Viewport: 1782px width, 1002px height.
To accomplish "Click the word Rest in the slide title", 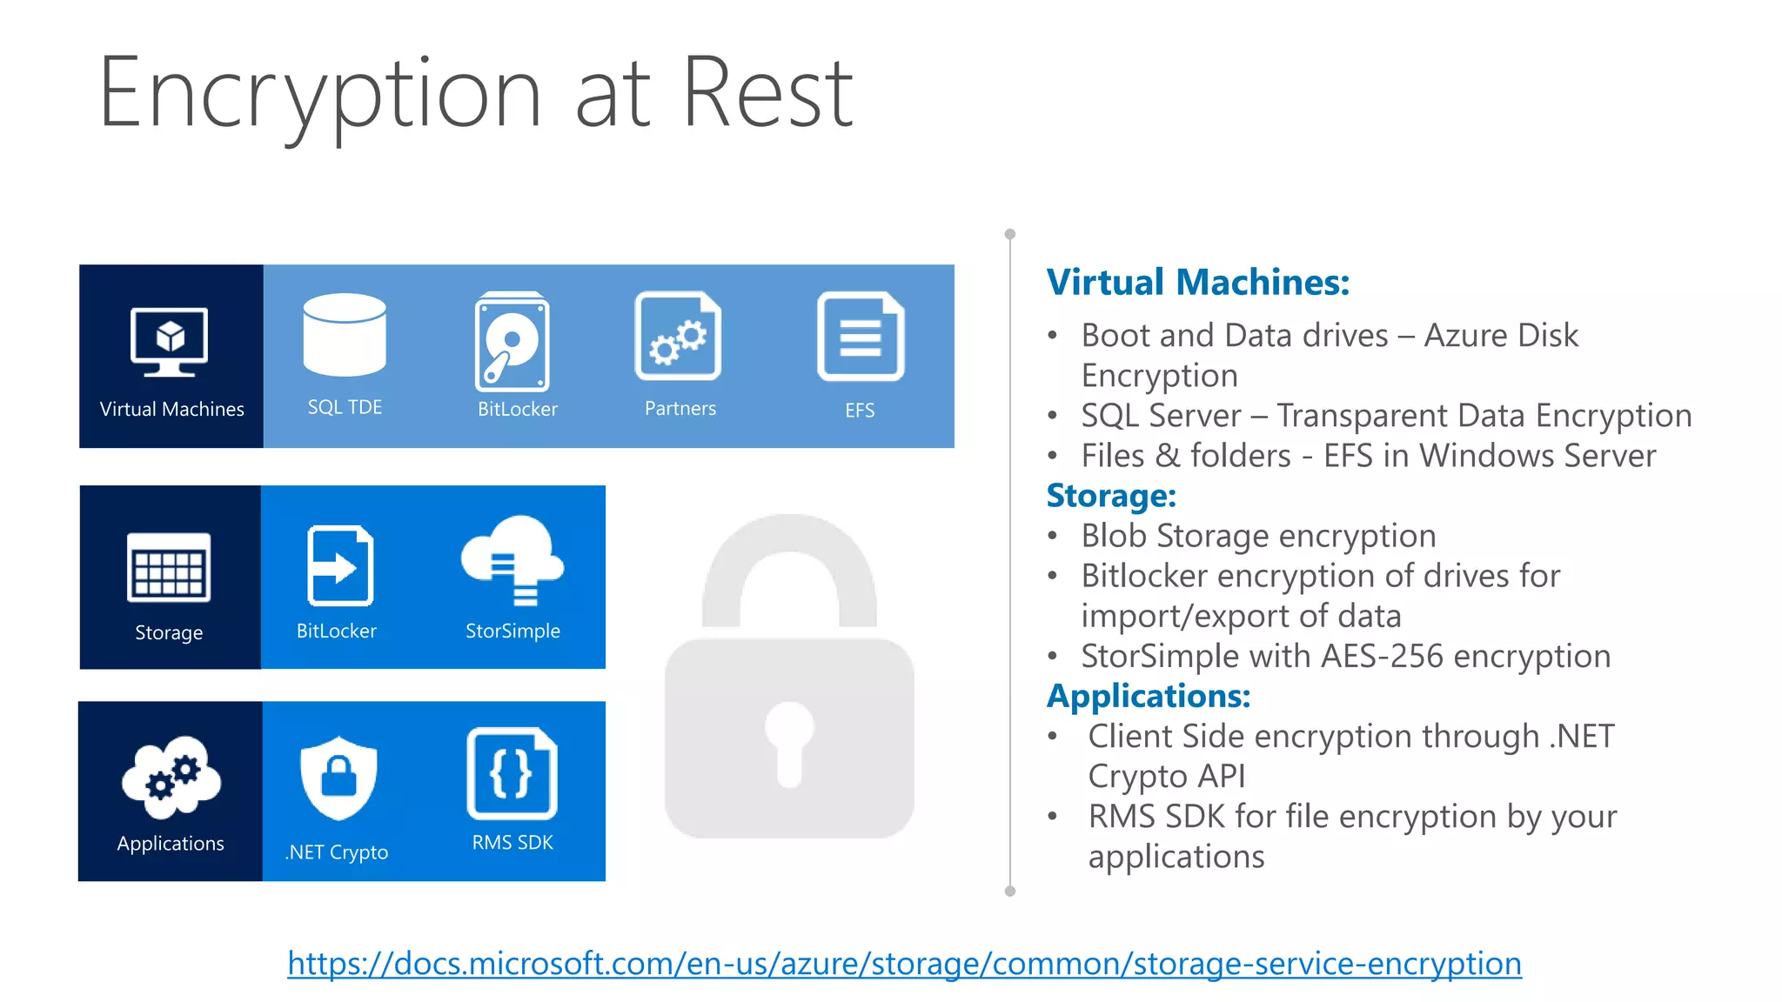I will coord(767,93).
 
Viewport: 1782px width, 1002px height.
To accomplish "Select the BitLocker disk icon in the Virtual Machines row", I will coord(512,342).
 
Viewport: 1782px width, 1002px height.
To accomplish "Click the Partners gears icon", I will coord(679,337).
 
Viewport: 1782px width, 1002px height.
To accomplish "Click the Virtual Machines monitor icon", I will coord(170,341).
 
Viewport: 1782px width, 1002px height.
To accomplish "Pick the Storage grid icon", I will coord(169,567).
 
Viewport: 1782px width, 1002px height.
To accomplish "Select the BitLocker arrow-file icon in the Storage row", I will coord(340,566).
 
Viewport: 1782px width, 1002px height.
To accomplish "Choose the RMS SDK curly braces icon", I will coord(512,773).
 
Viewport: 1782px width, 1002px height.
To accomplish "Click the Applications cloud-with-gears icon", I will coord(171,777).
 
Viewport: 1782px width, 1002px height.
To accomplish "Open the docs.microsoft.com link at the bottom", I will coord(904,964).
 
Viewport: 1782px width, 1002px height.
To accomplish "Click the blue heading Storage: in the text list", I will coord(1111,496).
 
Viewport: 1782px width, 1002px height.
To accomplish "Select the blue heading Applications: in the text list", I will coord(1149,696).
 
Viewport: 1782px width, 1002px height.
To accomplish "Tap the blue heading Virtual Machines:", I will coord(1197,283).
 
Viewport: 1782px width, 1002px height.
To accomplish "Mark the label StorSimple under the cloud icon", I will coord(512,631).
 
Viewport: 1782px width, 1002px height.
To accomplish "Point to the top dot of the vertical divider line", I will coord(1010,234).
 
